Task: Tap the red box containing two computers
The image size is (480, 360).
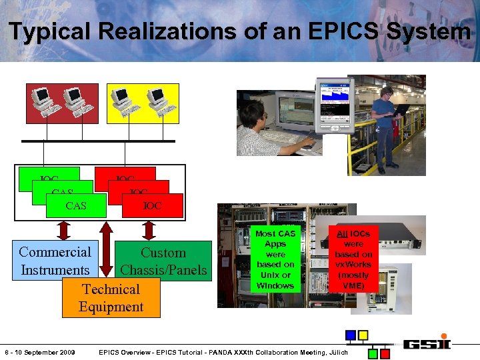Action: pos(62,103)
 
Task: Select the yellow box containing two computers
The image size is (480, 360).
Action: pos(143,103)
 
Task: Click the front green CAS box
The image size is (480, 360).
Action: pos(76,205)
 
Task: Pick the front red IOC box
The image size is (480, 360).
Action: pos(153,205)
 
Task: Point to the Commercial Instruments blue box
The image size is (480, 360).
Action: pos(55,261)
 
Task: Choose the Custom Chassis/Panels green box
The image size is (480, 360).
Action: pos(163,261)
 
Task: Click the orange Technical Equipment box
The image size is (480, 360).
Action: pos(111,298)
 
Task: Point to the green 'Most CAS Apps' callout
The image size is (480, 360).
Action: pos(275,259)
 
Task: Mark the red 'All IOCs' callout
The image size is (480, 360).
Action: pos(353,259)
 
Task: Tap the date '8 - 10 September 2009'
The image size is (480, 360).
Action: pos(41,351)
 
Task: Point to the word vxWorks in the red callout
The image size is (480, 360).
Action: pos(353,265)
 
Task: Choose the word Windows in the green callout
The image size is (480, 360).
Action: pos(275,285)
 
